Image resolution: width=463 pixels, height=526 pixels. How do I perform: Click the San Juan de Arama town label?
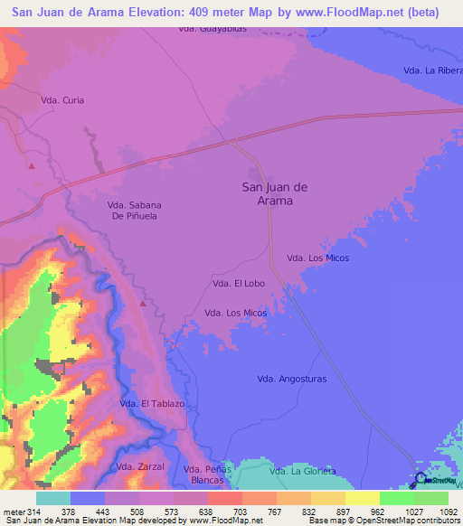coord(275,193)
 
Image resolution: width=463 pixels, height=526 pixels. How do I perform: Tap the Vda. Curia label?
coord(62,100)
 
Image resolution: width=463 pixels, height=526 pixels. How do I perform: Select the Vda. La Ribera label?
coord(432,71)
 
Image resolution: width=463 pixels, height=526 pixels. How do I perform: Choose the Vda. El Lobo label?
coord(237,283)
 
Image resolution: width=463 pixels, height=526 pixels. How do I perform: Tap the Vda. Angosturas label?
coord(291,379)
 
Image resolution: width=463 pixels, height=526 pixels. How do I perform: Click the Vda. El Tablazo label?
coord(152,403)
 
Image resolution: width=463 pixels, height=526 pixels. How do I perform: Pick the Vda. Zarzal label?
coord(140,466)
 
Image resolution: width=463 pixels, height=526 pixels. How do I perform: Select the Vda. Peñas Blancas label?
coord(208,475)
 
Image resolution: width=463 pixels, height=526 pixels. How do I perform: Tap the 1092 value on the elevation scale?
coord(437,511)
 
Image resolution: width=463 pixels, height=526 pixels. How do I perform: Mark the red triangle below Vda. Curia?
coord(32,165)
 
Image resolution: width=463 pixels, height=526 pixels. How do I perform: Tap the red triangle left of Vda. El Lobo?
coord(142,304)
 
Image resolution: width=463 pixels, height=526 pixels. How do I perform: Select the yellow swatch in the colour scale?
coord(362,498)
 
